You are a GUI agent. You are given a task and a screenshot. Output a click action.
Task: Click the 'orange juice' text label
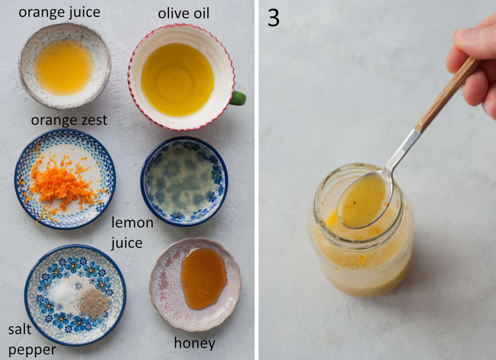60,12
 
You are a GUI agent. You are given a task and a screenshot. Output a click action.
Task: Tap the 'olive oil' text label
184,13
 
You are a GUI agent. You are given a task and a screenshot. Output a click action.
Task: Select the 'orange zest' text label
69,120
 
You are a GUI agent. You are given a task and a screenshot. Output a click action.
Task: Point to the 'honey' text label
194,343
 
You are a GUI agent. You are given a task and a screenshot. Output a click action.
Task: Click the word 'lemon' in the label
132,223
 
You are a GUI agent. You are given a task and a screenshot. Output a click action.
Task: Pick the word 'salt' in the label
20,329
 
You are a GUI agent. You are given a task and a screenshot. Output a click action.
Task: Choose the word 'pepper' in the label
32,350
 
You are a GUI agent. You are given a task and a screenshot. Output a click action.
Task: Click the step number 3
274,18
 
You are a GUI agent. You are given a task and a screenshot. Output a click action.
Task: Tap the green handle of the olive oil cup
239,98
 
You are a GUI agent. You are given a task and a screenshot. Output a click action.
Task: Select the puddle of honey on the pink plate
203,278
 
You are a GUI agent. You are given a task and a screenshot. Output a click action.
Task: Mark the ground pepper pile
93,302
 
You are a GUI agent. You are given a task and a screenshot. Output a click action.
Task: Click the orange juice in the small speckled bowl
63,66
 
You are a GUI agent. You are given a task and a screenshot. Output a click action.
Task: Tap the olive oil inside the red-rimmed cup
177,79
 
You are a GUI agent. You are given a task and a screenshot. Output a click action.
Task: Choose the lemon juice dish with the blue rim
184,181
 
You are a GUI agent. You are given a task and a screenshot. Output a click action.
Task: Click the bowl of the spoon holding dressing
364,200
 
